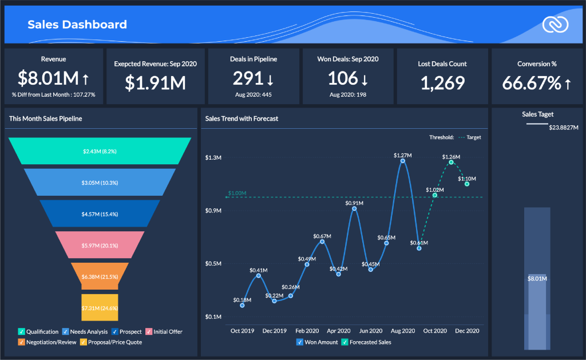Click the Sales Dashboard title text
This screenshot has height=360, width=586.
(77, 25)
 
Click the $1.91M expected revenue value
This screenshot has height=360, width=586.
(155, 82)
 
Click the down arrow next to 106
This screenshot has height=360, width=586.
(365, 79)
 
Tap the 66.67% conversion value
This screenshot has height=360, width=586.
(532, 83)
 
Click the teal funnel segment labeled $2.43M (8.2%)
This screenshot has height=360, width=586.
(100, 151)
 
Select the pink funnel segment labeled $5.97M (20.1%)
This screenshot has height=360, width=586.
(100, 246)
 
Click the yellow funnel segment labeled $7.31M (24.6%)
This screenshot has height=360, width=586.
(100, 307)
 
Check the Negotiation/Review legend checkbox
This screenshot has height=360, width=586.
(22, 342)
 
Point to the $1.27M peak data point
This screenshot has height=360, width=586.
(403, 161)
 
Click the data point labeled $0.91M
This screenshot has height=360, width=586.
(354, 209)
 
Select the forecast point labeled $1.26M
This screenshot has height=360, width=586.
(451, 163)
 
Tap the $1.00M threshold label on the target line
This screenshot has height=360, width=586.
(237, 193)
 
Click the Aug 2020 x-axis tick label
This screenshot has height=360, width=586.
(403, 331)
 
